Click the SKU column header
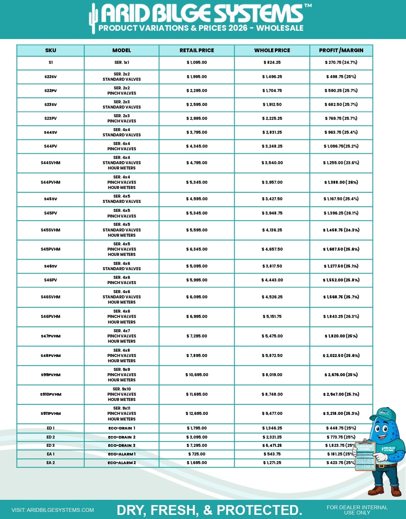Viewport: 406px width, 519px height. coord(50,50)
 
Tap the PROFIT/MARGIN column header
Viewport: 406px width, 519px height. coord(341,50)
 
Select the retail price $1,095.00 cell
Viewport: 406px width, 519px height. coord(197,63)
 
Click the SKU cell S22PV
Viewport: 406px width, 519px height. coord(50,91)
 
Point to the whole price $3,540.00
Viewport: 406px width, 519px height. coord(272,163)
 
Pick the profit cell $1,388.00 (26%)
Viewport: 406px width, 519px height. coord(341,182)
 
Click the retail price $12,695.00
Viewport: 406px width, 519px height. coord(197,413)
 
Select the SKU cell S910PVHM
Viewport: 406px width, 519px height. coord(50,394)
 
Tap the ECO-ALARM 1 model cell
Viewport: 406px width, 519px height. coord(121,454)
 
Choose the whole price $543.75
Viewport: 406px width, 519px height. coord(272,454)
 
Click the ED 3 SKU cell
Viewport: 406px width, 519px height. coord(50,445)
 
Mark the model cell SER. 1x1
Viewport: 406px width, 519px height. coord(121,63)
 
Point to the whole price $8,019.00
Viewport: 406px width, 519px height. coord(272,375)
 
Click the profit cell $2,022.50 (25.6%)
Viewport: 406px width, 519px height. coord(341,356)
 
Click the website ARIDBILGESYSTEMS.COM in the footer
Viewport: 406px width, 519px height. coord(53,510)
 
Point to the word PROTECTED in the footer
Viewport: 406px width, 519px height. coord(259,510)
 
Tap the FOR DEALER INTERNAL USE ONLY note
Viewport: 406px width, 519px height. coord(357,510)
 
